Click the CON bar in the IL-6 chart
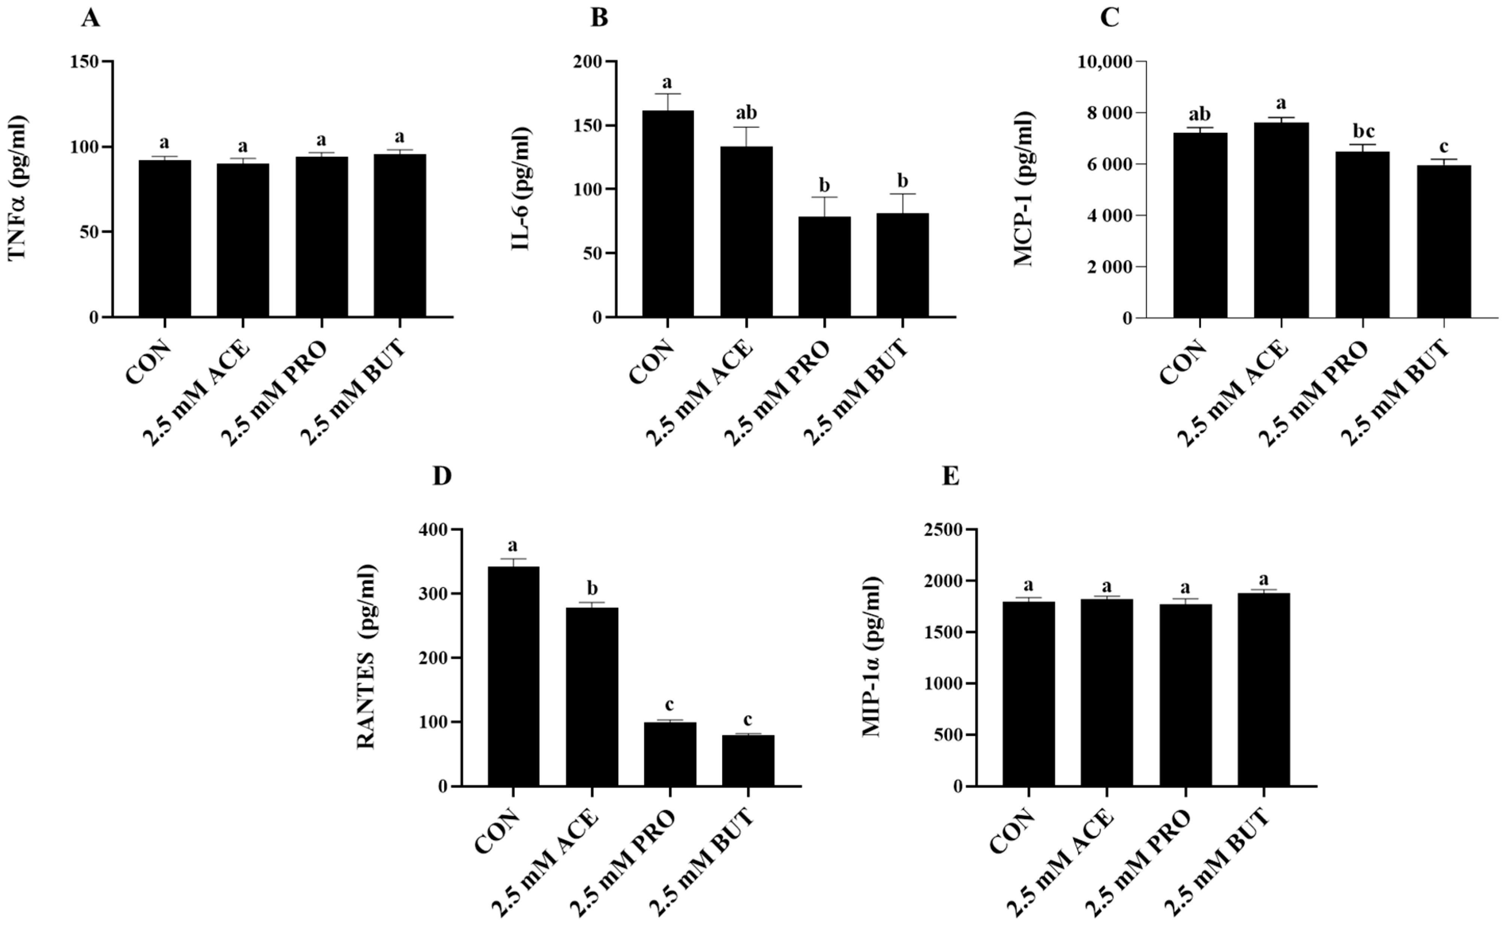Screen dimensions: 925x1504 (x=668, y=214)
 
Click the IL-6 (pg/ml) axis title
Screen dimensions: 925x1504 (x=521, y=189)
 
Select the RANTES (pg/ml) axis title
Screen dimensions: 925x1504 (x=366, y=656)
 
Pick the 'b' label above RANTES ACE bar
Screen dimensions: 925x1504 (x=592, y=589)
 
